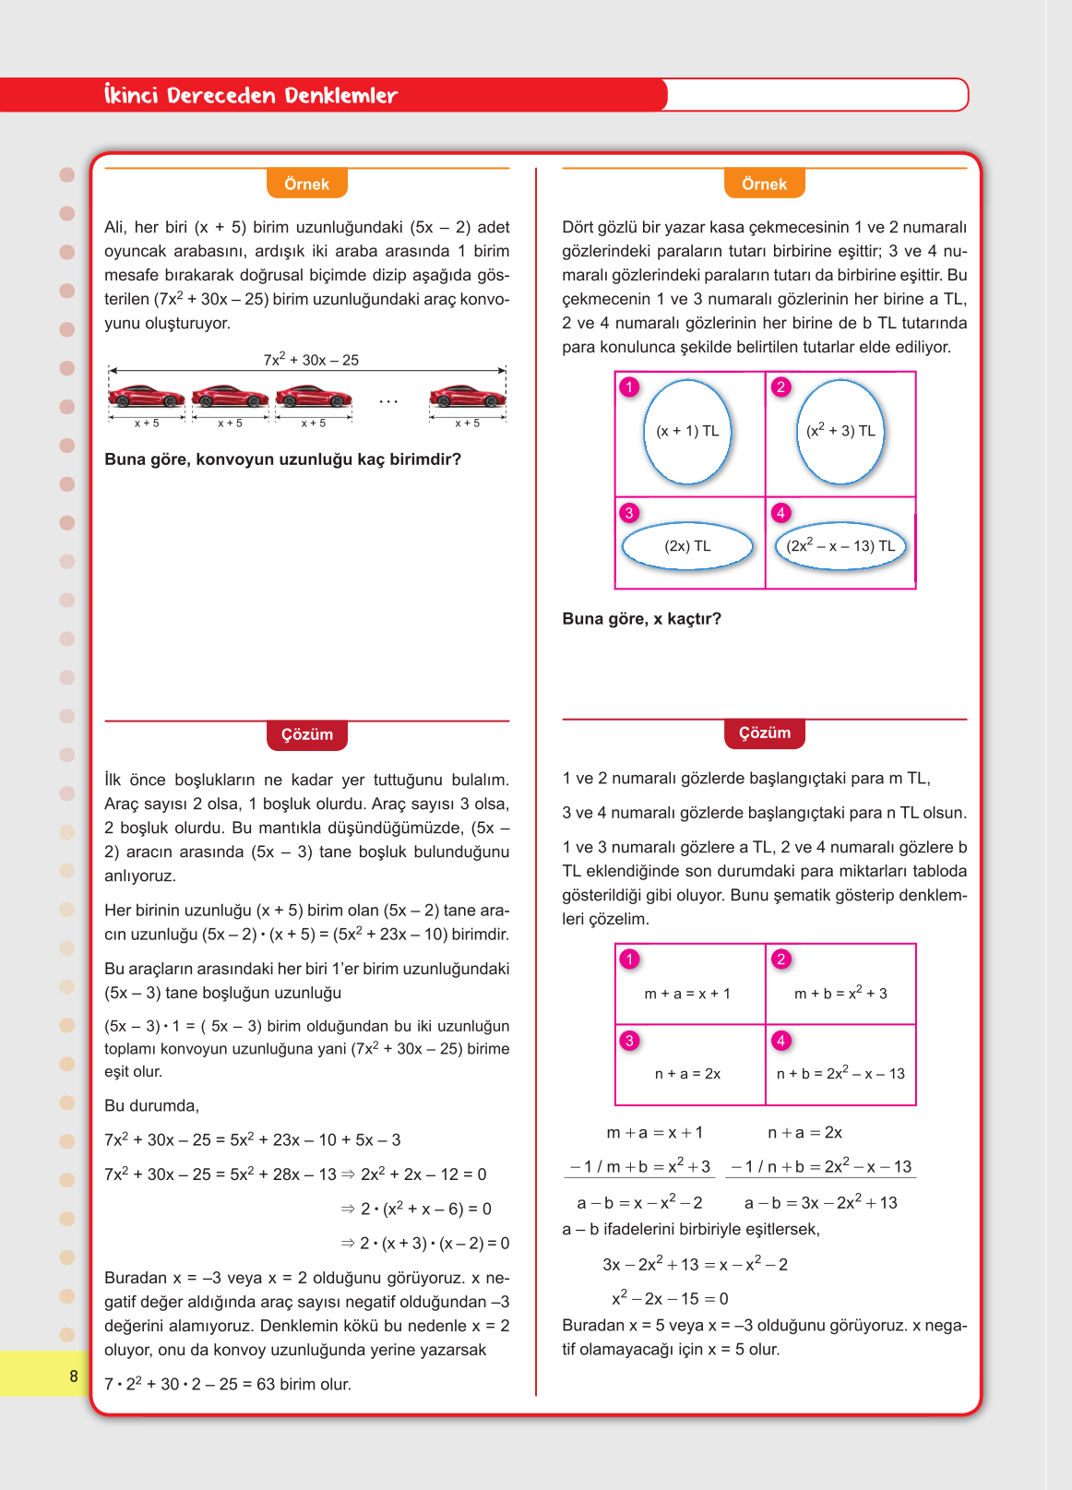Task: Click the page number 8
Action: coord(74,1377)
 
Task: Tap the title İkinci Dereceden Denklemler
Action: coord(251,95)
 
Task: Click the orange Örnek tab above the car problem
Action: coord(306,184)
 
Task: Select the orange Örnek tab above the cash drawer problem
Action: coord(764,184)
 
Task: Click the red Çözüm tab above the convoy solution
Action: coord(306,734)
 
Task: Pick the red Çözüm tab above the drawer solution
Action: coord(764,733)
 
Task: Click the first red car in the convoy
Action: coord(147,397)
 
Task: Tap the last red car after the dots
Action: coord(467,397)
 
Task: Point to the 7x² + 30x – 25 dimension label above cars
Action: coord(311,360)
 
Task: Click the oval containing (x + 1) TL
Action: coord(687,432)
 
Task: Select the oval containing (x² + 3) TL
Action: coord(840,432)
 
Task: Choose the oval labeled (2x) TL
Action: coord(687,546)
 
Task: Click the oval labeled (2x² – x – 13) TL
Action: coord(840,546)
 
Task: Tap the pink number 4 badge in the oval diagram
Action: coord(780,513)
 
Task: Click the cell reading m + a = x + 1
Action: coord(687,994)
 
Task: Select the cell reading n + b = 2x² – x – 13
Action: coord(840,1074)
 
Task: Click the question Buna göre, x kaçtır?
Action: coord(641,619)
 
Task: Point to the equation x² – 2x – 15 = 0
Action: coord(670,1298)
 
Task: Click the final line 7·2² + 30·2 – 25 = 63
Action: coord(228,1384)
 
